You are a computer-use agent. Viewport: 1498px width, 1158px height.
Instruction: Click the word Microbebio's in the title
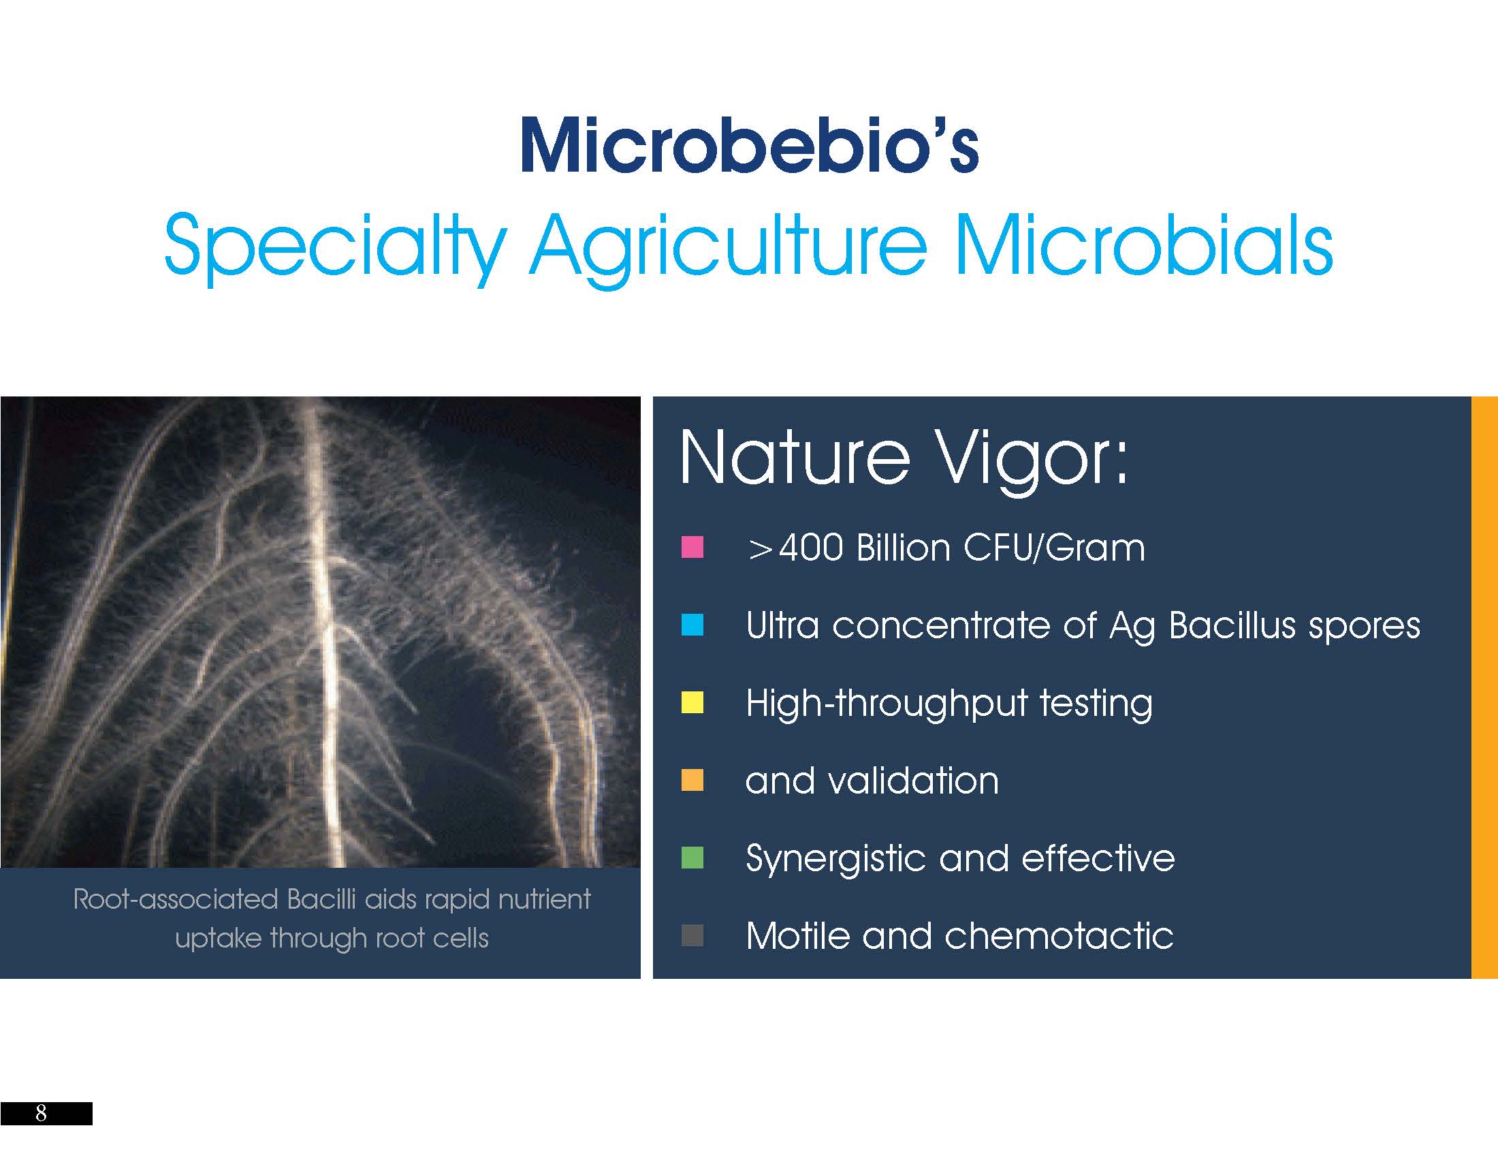tap(749, 146)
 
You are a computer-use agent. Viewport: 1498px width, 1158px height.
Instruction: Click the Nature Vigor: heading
tap(904, 458)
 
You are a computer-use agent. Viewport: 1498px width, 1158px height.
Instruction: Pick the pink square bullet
tap(692, 548)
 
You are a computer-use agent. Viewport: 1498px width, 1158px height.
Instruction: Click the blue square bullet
tap(692, 625)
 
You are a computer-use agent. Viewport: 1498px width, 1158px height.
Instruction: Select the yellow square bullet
tap(692, 702)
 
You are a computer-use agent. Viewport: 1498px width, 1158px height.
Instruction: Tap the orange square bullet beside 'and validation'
tap(692, 780)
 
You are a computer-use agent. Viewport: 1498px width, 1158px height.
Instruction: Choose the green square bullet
tap(692, 858)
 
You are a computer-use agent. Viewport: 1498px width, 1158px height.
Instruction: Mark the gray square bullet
tap(692, 935)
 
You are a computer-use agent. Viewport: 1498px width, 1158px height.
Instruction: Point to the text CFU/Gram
tap(1053, 548)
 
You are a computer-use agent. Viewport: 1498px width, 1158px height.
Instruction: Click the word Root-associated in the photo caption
tap(175, 899)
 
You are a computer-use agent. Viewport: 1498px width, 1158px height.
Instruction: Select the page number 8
tap(41, 1112)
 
